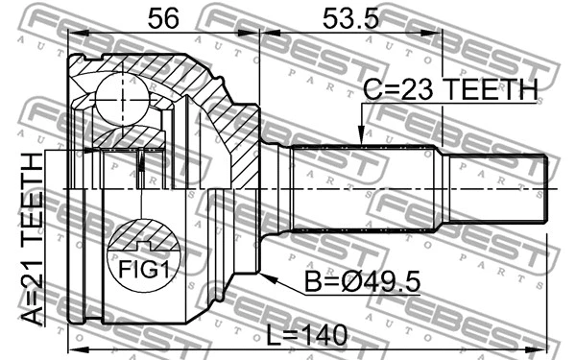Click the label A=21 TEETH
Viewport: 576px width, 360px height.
[30, 244]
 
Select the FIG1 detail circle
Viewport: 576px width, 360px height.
[143, 257]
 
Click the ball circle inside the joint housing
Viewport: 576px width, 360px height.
[120, 96]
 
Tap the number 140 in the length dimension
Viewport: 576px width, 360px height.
[325, 336]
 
